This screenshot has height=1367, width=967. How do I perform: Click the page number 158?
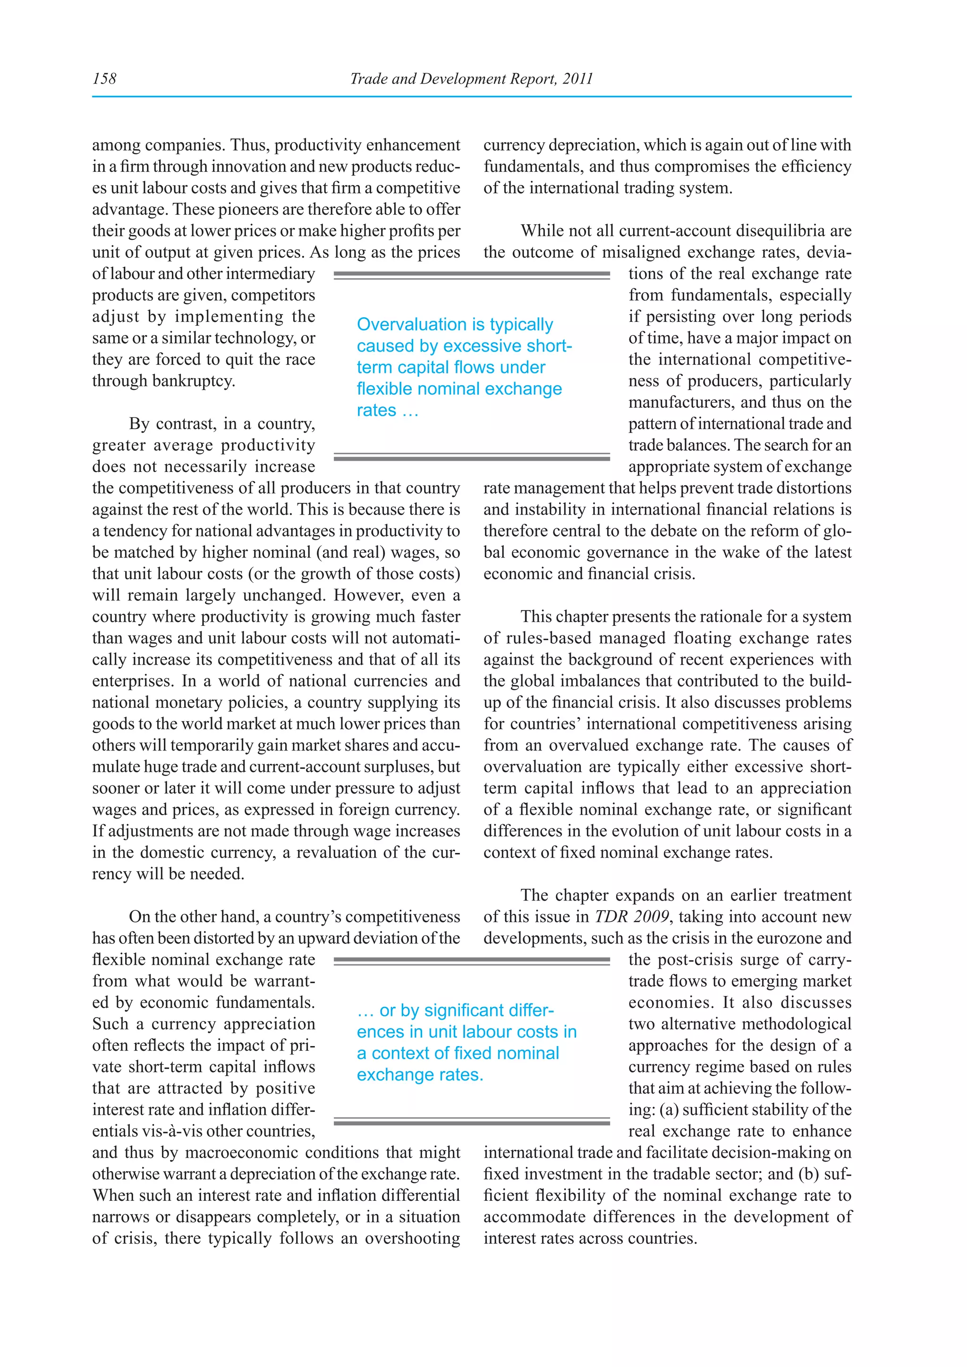(105, 78)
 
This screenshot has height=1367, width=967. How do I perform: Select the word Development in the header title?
(465, 78)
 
